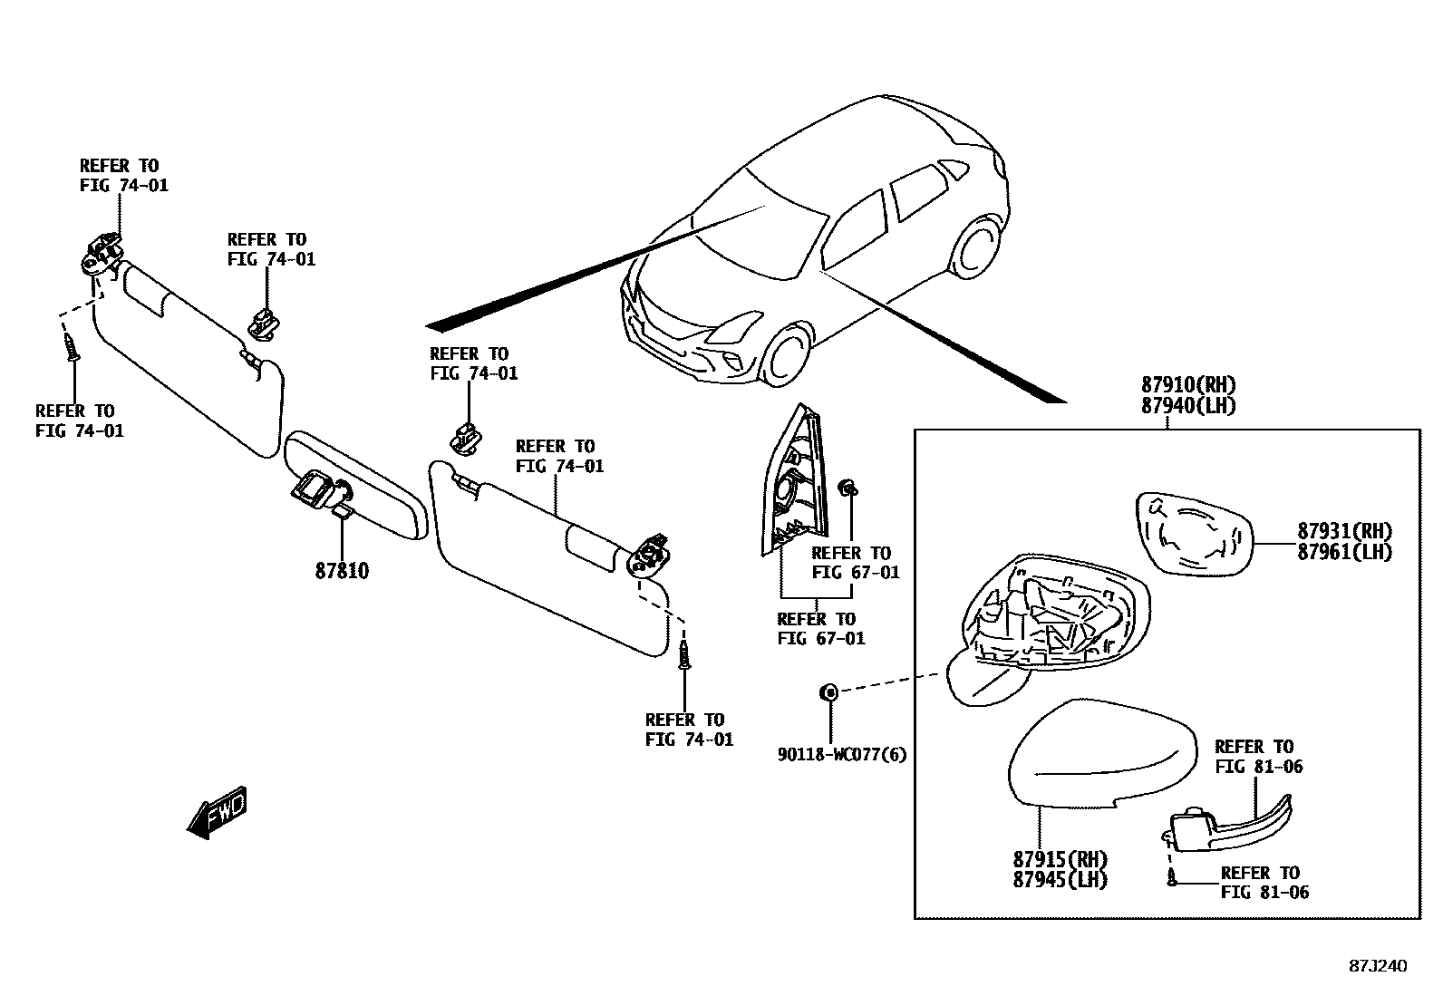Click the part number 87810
342,571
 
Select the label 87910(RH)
1188,385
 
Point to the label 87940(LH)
1188,406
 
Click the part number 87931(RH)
1344,531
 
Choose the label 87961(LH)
1344,552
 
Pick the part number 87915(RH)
1060,858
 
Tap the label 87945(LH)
1060,879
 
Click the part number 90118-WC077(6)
842,754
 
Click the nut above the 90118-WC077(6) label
828,693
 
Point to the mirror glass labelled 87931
1193,536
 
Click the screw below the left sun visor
72,346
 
